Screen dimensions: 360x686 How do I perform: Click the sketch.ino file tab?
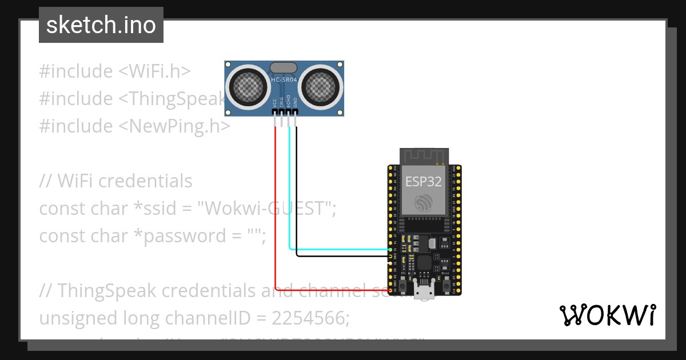pyautogui.click(x=101, y=25)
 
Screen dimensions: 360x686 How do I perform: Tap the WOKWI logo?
pyautogui.click(x=607, y=315)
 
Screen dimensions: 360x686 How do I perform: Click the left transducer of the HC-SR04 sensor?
pyautogui.click(x=249, y=87)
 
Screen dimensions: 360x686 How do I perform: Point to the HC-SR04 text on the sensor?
pyautogui.click(x=285, y=79)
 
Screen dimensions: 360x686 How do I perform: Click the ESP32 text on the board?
pyautogui.click(x=424, y=182)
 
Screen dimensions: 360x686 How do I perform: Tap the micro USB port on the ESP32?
pyautogui.click(x=424, y=292)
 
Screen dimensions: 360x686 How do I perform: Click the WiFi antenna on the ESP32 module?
pyautogui.click(x=424, y=155)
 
